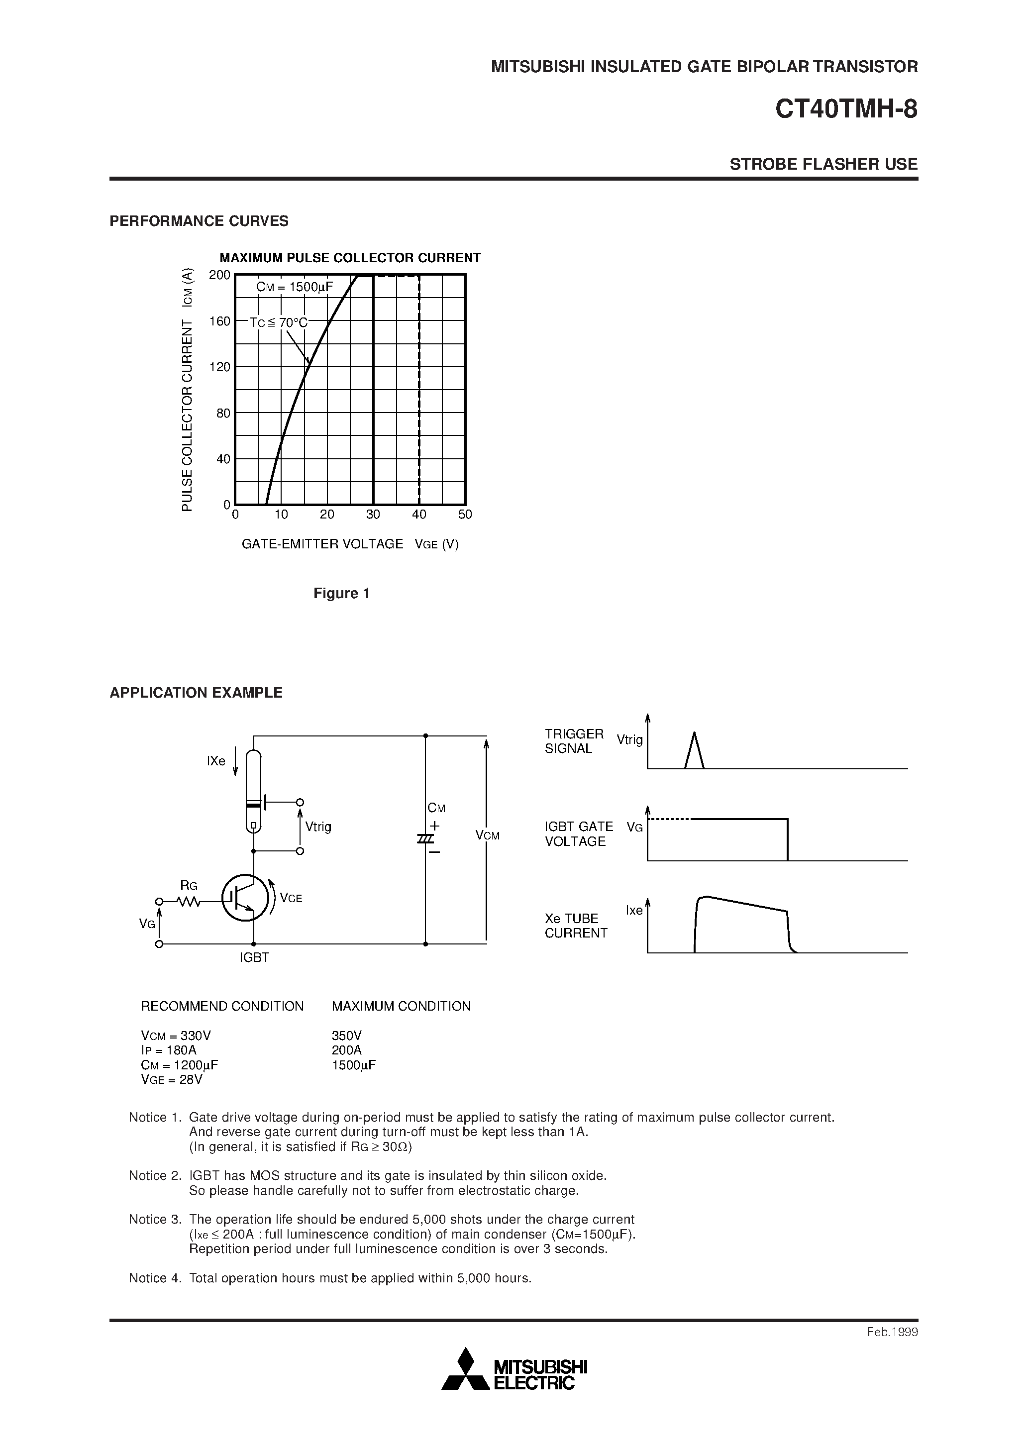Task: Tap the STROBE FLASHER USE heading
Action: click(823, 164)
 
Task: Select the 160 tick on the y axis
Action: click(220, 321)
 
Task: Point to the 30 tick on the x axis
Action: click(373, 515)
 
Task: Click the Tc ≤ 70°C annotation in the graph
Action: click(278, 322)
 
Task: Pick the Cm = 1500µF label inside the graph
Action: click(294, 287)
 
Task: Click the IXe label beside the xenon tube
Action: click(216, 761)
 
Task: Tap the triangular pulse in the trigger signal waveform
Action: click(695, 751)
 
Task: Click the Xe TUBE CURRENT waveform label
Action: click(576, 926)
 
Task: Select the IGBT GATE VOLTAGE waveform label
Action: click(579, 834)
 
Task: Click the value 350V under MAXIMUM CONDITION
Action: click(347, 1036)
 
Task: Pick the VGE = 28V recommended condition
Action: click(171, 1079)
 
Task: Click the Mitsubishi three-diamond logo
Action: click(466, 1368)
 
